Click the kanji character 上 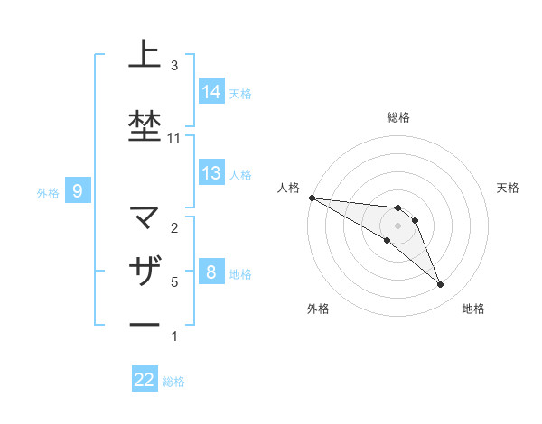145,55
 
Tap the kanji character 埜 145,125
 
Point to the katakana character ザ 145,270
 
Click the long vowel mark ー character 145,324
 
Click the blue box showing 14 211,92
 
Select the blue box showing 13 211,173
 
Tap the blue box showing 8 211,272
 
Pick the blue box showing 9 79,191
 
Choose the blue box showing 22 145,381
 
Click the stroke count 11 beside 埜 173,138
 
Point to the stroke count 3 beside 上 173,66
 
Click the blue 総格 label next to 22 173,382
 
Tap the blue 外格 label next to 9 48,192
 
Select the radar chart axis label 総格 397,117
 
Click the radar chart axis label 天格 509,188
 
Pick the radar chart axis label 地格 473,309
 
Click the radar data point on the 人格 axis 312,198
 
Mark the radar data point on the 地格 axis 440,285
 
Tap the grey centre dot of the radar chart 397,226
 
